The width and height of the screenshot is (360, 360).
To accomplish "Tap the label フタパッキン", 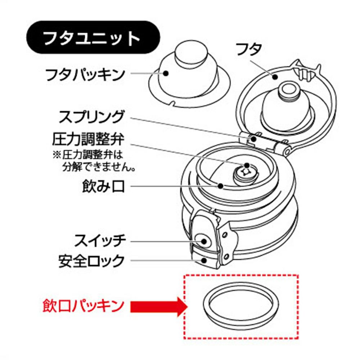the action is pos(85,74).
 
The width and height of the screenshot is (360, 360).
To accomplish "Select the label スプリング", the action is pos(91,117).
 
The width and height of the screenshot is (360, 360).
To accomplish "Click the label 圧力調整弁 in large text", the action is pos(88,139).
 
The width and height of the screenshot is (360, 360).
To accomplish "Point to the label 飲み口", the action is pos(104,186).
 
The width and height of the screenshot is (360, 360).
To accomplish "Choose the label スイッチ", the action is pos(100,240).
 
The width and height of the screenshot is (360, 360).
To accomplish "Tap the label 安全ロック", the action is pos(91,260).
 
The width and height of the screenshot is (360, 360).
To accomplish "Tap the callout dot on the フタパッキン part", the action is pos(166,73).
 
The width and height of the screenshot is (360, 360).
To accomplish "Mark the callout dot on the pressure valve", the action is pos(247,166).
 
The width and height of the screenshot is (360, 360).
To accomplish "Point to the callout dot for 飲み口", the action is pos(221,185).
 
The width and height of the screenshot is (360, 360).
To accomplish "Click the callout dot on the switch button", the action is pos(204,241).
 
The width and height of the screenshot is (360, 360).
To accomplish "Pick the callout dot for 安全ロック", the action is pos(204,260).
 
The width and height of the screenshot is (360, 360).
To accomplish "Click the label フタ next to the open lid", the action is pos(249,49).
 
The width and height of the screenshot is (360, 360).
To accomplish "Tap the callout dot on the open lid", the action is pos(275,76).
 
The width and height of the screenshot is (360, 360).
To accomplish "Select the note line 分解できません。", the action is pos(99,167).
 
